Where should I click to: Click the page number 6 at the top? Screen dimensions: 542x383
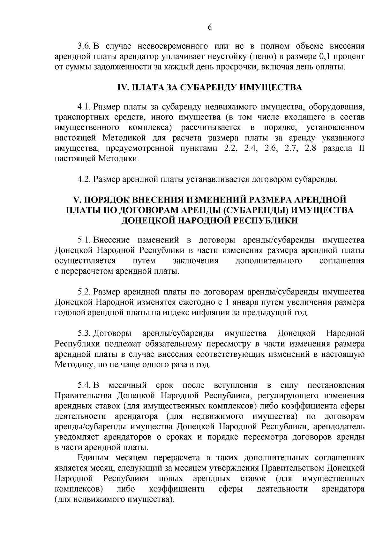point(209,27)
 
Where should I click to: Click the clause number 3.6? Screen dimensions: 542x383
point(85,46)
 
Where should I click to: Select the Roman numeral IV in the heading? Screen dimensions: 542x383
point(121,88)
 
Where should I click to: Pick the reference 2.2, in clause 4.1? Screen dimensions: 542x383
point(229,148)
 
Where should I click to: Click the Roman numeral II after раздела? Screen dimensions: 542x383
point(361,148)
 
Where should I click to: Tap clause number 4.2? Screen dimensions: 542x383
point(85,179)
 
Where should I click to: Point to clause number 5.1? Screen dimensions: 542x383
point(85,240)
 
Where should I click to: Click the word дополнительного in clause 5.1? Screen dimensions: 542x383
point(268,261)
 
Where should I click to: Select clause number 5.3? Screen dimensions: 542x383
point(85,333)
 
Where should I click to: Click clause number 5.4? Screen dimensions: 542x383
point(85,386)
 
